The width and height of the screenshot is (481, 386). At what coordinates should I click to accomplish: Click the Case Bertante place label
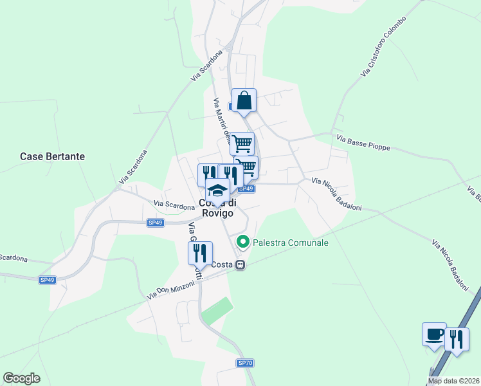(x=52, y=156)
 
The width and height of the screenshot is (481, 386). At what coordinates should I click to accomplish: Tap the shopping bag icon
(x=244, y=100)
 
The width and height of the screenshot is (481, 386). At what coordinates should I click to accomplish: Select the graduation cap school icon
(x=217, y=190)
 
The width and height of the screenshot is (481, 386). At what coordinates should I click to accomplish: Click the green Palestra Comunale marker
(x=243, y=243)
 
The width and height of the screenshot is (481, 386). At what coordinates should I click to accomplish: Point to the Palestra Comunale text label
(x=291, y=243)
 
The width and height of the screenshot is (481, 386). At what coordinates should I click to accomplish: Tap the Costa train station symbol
(x=240, y=264)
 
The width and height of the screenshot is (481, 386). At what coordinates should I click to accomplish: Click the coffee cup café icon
(x=434, y=335)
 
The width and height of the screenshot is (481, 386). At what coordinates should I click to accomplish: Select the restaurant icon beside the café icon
(x=457, y=339)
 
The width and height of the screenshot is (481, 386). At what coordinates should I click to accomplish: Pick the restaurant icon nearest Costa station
(x=200, y=252)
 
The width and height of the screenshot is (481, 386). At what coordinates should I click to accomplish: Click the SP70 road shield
(x=245, y=363)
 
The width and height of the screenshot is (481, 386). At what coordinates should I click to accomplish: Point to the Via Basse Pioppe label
(x=363, y=142)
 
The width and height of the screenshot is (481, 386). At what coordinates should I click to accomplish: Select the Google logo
(x=21, y=378)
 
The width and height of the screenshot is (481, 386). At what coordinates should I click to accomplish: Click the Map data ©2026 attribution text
(x=454, y=381)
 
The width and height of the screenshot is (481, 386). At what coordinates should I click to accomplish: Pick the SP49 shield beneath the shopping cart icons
(x=246, y=189)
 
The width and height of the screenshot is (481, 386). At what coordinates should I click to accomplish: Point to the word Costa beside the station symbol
(x=222, y=264)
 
